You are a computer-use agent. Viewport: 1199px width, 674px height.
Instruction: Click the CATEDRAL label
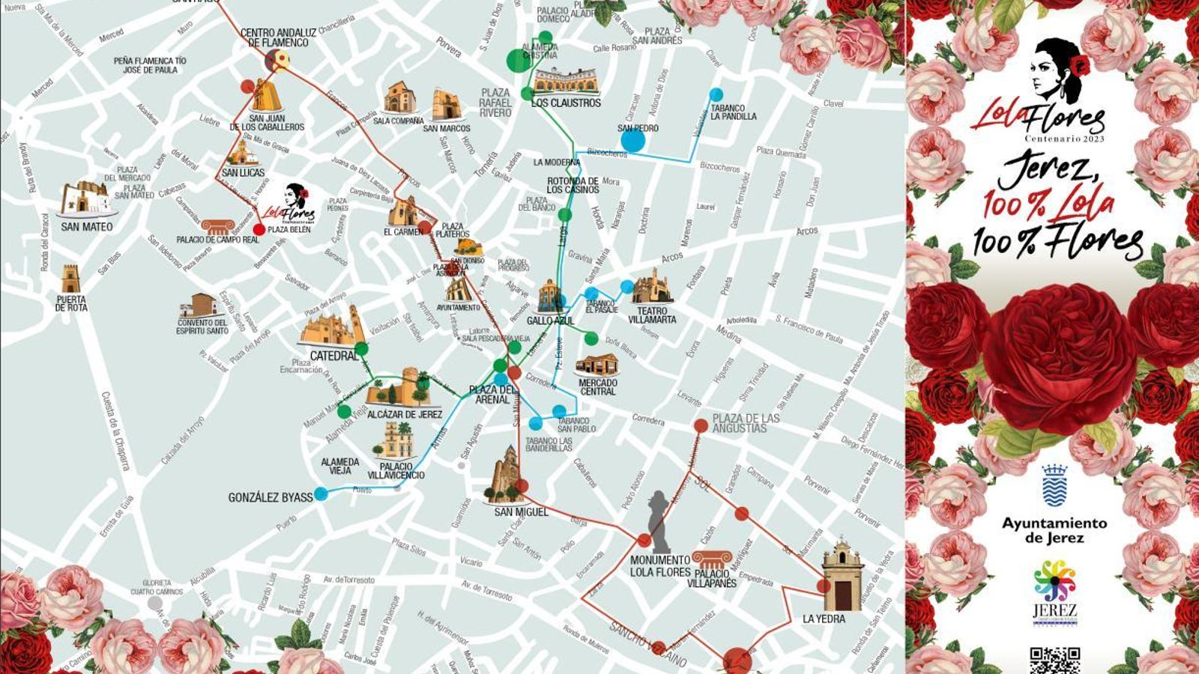334,356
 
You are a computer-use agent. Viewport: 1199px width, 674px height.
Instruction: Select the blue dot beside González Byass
321,494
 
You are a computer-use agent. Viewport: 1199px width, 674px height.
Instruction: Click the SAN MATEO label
87,227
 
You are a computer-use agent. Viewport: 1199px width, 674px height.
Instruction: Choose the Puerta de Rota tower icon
70,279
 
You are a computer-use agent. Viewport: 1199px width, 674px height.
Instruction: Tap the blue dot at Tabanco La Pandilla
716,94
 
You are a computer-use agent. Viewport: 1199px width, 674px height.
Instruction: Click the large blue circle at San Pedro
633,140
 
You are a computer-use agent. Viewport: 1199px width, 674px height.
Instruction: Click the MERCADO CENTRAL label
598,387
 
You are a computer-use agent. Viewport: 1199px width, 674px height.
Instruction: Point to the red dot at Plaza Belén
259,230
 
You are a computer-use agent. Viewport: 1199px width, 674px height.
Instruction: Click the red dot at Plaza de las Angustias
701,426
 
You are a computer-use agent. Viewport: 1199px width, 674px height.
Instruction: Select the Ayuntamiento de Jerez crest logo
1054,486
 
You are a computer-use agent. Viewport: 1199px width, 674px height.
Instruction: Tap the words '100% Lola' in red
1048,203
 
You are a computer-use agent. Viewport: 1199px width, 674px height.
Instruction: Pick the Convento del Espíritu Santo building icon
199,306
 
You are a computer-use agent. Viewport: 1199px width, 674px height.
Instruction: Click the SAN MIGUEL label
522,512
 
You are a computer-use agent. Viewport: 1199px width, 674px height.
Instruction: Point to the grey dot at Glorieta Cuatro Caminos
154,602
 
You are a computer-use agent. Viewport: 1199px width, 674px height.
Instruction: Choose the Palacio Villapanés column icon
709,559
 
